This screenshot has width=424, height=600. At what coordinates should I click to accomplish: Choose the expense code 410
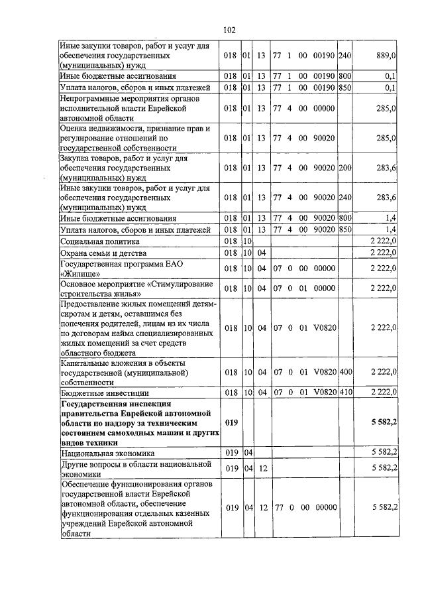[344, 393]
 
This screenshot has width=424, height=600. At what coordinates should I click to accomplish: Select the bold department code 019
[231, 422]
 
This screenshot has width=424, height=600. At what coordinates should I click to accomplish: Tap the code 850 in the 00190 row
[344, 88]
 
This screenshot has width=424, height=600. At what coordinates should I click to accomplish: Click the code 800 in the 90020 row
[344, 217]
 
